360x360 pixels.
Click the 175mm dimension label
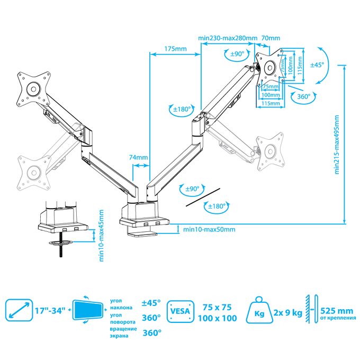coord(175,49)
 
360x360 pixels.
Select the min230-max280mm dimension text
coord(228,38)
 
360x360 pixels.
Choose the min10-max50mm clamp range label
coord(209,229)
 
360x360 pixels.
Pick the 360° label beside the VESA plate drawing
coord(303,97)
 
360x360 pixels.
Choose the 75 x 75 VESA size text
coord(219,307)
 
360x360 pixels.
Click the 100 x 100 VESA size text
coord(219,319)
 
